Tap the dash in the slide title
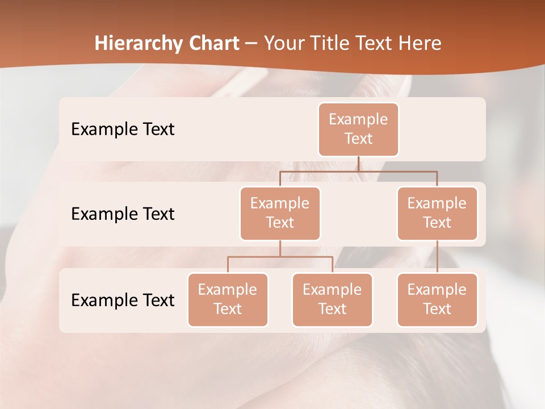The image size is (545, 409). coord(251,44)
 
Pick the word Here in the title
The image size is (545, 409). coord(420,44)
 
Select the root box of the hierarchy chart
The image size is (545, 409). coord(358,129)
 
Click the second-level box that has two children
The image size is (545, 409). coord(280,213)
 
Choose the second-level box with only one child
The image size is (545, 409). coord(437,213)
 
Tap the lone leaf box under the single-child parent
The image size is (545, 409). coord(437,299)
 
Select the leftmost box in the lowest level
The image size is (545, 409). coord(228,299)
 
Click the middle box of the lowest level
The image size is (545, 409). coord(332,299)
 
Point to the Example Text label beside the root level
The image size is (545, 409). coord(123,129)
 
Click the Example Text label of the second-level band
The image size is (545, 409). coord(123,214)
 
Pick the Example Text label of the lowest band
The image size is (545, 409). coord(123,300)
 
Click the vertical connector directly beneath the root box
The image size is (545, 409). coord(358,164)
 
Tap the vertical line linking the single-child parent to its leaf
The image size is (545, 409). coord(437,257)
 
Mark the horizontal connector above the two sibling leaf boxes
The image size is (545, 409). coord(307,257)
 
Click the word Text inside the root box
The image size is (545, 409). coord(358,139)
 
